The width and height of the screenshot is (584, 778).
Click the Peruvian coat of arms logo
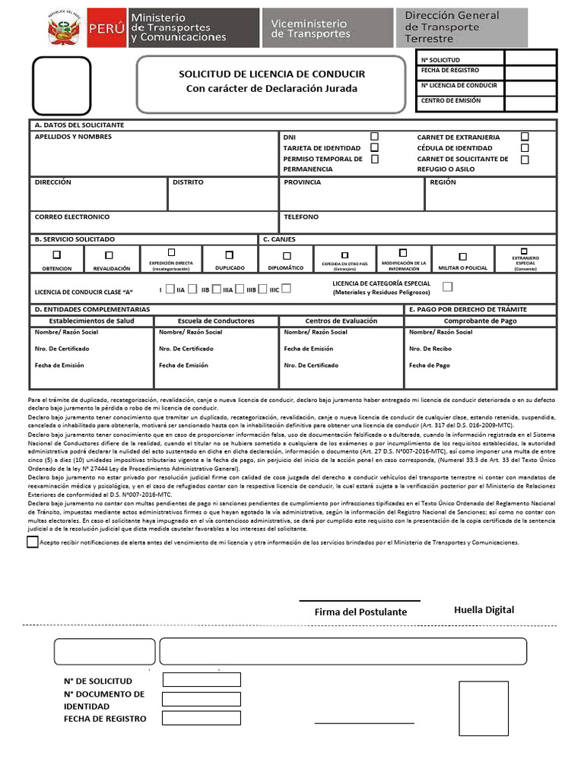click(65, 28)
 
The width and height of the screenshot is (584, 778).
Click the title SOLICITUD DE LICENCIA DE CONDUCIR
click(271, 74)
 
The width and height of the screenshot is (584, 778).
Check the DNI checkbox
click(374, 136)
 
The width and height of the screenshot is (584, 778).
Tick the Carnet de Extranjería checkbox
click(525, 136)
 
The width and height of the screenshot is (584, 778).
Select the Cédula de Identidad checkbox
click(525, 147)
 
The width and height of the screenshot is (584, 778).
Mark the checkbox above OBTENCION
click(56, 255)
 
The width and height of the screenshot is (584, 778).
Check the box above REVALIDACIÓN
click(109, 255)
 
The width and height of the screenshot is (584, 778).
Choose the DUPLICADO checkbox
click(230, 255)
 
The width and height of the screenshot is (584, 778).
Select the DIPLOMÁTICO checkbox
click(287, 256)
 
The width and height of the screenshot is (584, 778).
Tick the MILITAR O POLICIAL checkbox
click(462, 257)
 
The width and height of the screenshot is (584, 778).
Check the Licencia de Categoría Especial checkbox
click(447, 286)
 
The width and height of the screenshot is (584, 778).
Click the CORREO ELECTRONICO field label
click(72, 217)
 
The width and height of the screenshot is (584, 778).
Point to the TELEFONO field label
click(301, 217)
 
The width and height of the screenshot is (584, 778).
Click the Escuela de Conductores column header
click(216, 321)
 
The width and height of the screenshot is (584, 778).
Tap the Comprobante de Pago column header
click(480, 321)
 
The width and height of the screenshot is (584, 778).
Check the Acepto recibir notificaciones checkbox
click(32, 542)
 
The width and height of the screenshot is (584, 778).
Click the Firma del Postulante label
click(360, 612)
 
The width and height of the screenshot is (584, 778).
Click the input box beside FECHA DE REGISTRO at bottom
click(201, 718)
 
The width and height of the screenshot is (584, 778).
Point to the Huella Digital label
click(484, 609)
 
